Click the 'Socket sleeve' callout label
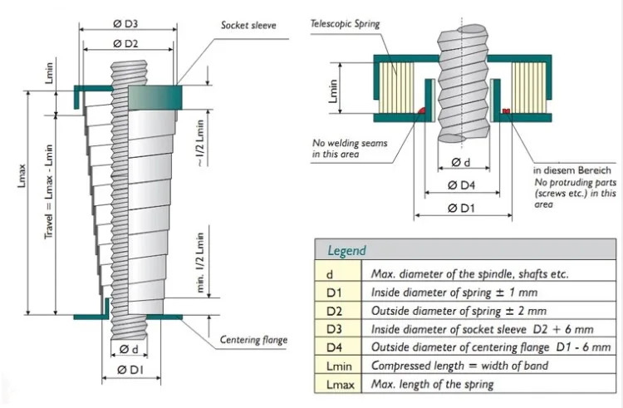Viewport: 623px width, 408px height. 248,26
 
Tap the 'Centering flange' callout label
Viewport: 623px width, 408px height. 253,340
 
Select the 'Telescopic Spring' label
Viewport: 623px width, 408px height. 345,24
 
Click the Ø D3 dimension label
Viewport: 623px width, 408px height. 125,24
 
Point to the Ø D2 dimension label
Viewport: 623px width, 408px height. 125,44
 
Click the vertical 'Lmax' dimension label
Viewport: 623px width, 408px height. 22,175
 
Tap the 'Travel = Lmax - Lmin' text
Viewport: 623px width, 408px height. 48,191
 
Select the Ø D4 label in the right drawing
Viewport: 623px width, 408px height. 461,185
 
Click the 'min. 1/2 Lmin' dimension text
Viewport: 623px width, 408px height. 200,263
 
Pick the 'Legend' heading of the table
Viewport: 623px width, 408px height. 346,251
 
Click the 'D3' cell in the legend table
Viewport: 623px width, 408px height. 334,329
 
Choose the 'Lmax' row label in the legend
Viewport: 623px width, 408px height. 340,385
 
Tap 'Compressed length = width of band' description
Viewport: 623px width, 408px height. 459,366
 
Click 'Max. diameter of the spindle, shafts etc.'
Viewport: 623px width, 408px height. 469,273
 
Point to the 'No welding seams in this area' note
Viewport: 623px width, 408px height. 350,148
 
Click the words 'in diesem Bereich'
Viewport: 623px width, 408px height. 572,170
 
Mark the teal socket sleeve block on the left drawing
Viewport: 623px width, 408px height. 155,97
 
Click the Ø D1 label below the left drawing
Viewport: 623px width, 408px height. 130,370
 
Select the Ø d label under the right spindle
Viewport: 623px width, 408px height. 461,162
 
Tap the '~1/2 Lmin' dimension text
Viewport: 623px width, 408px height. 200,143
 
